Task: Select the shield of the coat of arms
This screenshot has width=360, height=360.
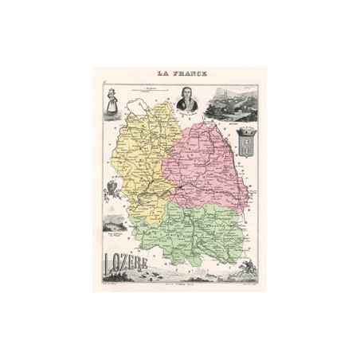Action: coord(245,143)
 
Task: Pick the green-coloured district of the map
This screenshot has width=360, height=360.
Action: coord(191,231)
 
